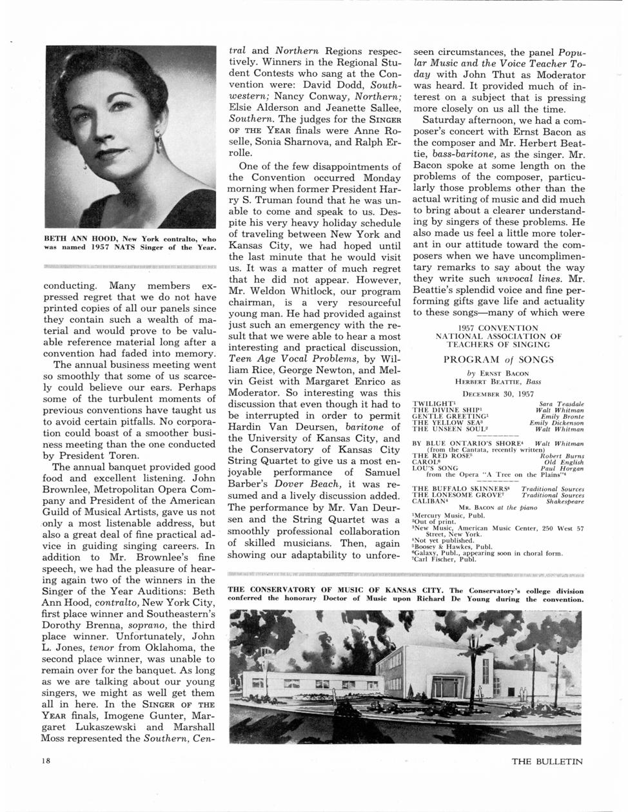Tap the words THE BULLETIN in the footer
tap(547, 761)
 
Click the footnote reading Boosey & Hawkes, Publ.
tap(451, 546)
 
